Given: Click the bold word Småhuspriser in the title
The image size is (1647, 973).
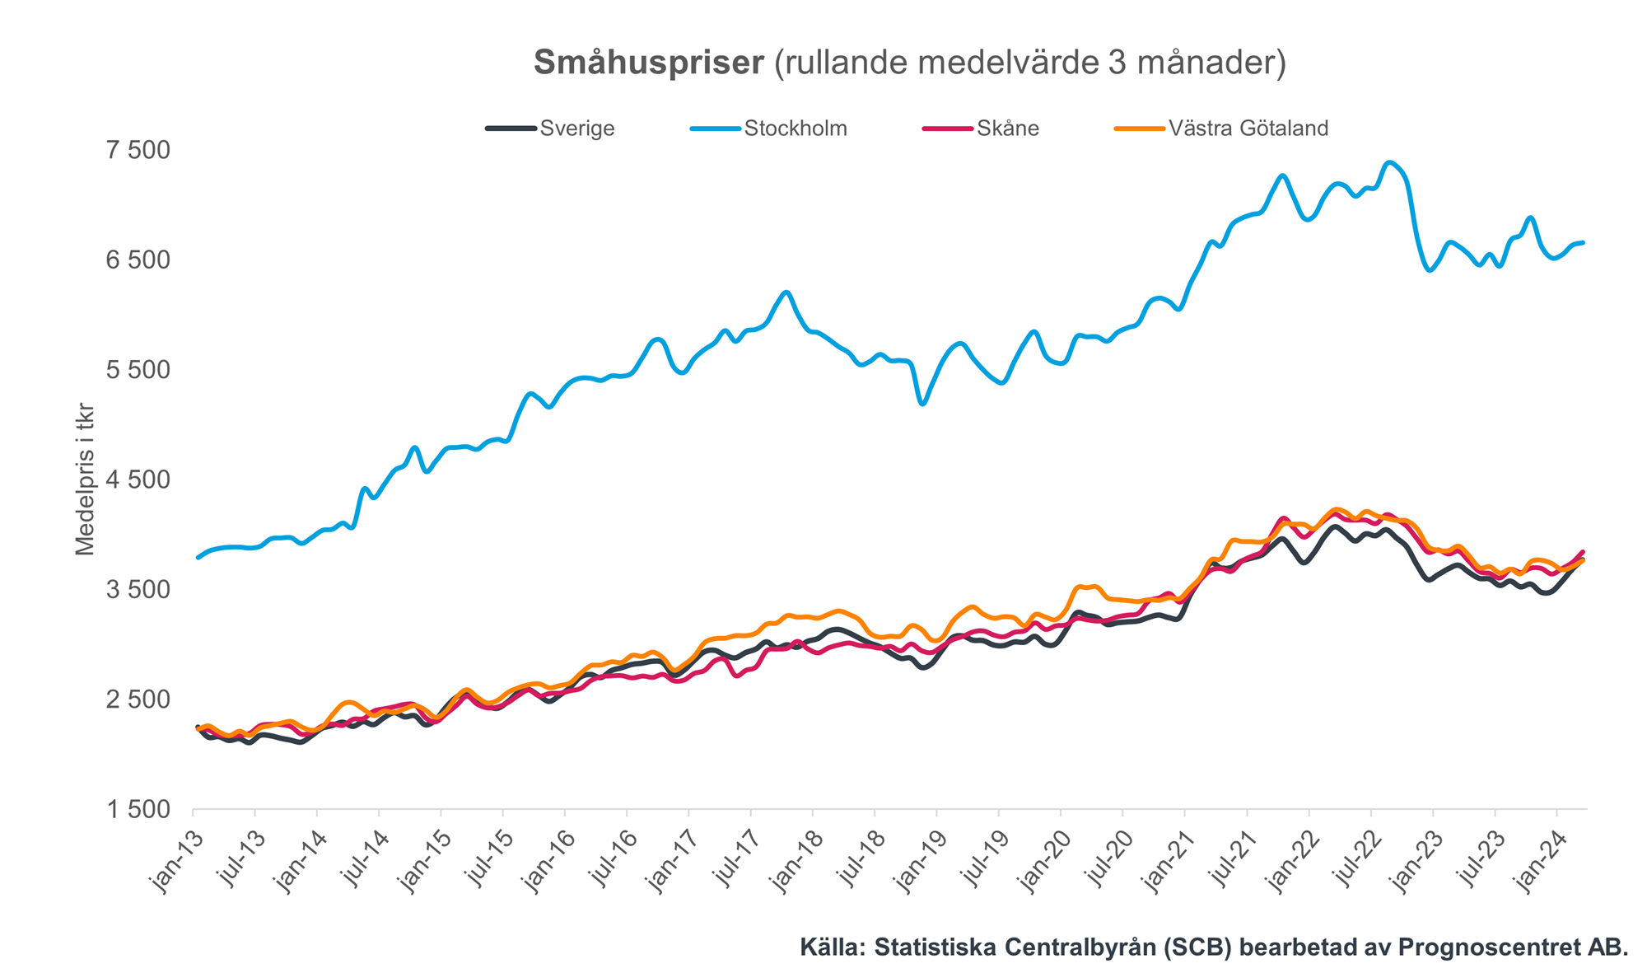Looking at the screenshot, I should (x=649, y=63).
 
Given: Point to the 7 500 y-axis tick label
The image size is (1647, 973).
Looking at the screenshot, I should (x=138, y=150).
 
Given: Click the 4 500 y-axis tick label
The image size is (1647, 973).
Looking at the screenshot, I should (x=138, y=479).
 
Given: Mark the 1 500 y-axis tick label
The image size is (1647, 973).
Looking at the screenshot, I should (x=138, y=810).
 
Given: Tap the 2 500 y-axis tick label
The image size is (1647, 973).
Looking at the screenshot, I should (x=138, y=699).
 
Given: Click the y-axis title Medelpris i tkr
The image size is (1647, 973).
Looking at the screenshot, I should (x=85, y=479).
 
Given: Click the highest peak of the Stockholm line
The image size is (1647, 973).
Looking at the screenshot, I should (x=1390, y=162).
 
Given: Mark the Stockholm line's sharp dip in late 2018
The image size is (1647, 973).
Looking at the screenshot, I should (x=922, y=403).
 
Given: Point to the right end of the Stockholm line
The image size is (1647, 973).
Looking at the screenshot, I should (x=1583, y=242).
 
